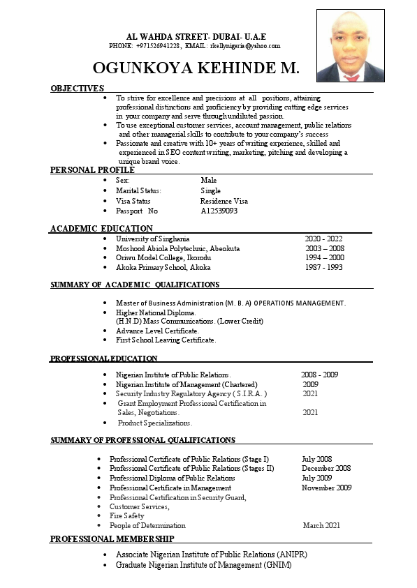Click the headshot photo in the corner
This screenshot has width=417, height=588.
(350, 45)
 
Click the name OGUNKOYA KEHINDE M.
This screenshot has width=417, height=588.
(196, 68)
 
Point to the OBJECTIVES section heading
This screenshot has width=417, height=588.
(77, 89)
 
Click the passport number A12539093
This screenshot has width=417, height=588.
(219, 211)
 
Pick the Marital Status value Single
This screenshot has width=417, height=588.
(210, 190)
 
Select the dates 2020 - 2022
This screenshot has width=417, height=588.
(323, 239)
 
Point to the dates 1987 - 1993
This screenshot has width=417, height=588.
(323, 267)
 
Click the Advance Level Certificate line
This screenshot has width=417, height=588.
(157, 331)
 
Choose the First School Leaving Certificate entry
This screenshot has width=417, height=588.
(166, 340)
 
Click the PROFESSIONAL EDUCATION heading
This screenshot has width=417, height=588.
(103, 359)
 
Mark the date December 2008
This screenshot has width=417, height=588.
(326, 469)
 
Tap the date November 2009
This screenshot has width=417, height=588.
(326, 488)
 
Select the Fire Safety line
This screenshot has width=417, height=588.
(126, 515)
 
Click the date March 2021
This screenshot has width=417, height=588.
(321, 525)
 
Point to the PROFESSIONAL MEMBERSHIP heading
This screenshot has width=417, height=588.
(112, 539)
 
